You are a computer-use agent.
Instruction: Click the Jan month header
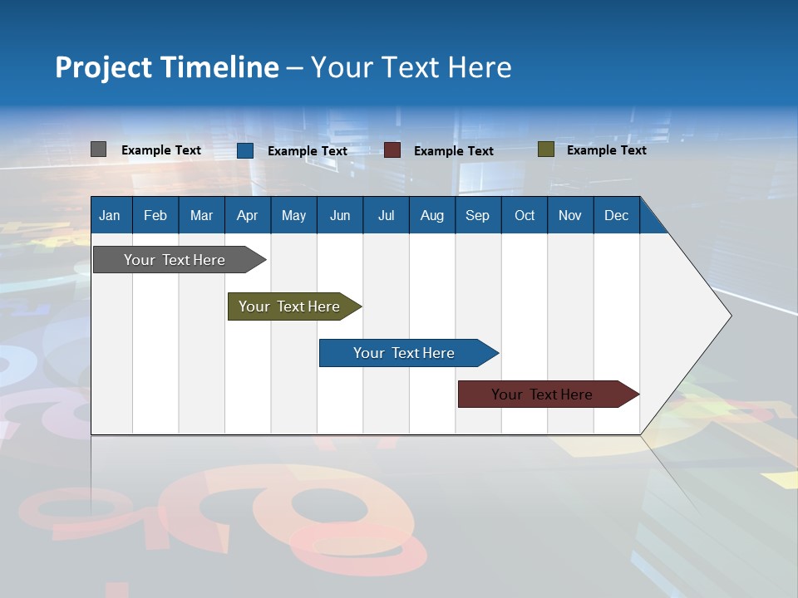110,215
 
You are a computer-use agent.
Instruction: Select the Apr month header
247,215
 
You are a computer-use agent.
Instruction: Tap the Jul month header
386,215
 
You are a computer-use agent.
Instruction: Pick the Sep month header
477,215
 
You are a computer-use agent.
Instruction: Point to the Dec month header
616,215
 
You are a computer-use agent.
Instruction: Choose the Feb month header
155,215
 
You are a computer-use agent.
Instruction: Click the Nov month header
569,215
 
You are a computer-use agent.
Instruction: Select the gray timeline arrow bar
175,260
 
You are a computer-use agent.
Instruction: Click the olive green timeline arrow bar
289,306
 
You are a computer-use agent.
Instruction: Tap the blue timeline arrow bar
404,353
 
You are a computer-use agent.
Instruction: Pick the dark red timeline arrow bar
542,395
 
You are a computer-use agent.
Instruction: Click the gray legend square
99,149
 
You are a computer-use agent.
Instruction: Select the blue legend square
245,150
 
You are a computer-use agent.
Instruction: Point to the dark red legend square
392,150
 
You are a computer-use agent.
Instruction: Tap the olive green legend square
545,149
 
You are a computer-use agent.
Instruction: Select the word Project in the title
103,67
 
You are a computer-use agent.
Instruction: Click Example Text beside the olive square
606,150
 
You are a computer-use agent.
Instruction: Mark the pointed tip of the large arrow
729,315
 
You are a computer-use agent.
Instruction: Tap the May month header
293,215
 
